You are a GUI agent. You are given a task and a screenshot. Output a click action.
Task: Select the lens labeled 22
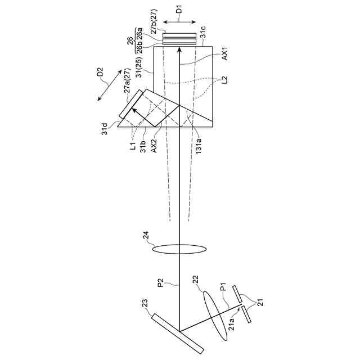click(x=215, y=313)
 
